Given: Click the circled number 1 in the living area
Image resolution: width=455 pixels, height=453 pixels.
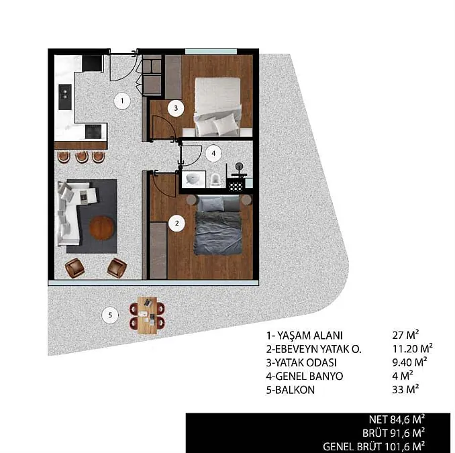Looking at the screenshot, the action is [x=122, y=101].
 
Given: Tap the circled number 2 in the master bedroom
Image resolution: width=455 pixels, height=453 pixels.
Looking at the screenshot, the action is [x=176, y=223].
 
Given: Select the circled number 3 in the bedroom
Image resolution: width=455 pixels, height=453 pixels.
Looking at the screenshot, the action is [x=176, y=108].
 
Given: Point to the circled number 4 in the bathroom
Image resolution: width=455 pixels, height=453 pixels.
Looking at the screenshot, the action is [x=213, y=153].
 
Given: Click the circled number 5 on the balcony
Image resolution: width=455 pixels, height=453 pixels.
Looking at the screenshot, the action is [x=110, y=315].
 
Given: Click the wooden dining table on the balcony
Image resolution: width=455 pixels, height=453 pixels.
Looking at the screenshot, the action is [x=148, y=315].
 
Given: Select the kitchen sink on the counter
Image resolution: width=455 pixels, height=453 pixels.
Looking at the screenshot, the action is [x=65, y=97].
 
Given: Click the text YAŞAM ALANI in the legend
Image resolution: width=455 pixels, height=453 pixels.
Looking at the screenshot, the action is [x=310, y=336].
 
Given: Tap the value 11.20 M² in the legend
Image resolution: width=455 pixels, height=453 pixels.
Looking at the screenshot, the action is [x=412, y=348].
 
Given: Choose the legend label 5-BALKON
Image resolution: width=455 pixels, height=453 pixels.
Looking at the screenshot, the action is [x=291, y=390].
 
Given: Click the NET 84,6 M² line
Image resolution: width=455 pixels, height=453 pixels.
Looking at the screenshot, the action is [x=397, y=419].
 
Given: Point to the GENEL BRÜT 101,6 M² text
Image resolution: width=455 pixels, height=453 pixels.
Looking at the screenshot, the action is [x=374, y=446].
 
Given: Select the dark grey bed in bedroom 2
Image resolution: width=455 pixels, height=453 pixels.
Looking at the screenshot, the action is [x=217, y=225].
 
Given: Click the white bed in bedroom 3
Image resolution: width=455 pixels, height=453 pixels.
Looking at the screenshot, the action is [x=217, y=107].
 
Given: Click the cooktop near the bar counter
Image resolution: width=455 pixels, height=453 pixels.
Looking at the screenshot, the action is [x=93, y=132].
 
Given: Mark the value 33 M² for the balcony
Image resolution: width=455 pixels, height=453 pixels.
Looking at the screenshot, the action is [x=405, y=389].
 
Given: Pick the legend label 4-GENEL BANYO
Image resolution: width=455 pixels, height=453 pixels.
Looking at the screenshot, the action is [x=305, y=376].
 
